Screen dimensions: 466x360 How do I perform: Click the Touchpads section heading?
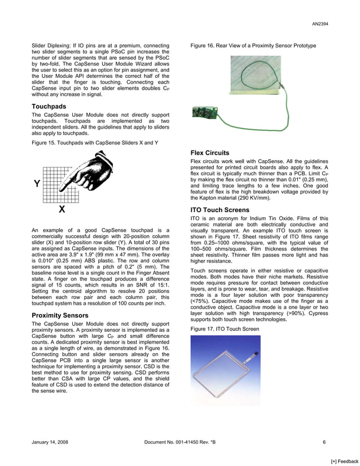coord(49,107)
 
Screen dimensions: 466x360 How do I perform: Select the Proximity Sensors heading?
coord(60,315)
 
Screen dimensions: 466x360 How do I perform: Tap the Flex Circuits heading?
coord(210,153)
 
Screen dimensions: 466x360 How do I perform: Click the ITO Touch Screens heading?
coord(219,210)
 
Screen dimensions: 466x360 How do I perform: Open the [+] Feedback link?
coord(344,461)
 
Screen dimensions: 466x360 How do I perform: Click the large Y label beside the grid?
coord(37,183)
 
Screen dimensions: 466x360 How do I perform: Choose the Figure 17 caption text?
coord(225,328)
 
